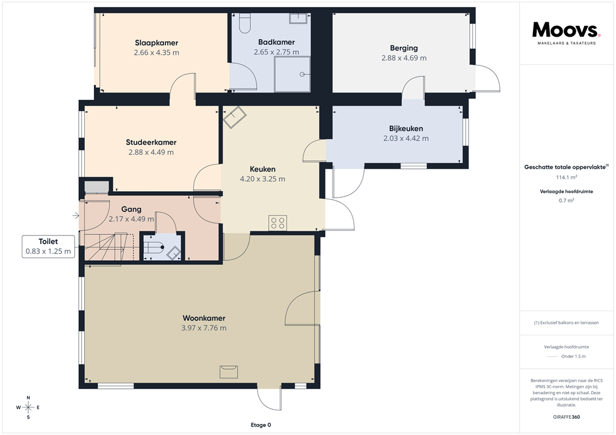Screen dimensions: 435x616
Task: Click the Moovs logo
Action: pos(566,31)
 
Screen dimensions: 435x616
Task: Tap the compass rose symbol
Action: pos(28,407)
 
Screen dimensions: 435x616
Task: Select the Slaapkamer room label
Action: pos(156,43)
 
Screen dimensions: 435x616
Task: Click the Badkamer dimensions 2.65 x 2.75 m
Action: pos(276,52)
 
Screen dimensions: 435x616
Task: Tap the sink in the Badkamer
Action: pos(299,17)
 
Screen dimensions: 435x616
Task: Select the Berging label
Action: pos(404,48)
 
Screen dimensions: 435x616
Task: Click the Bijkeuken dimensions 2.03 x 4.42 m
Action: pos(406,138)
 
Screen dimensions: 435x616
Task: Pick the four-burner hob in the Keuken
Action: pos(278,223)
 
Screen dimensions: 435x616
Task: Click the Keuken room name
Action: pos(262,169)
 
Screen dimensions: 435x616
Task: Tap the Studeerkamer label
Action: pos(151,142)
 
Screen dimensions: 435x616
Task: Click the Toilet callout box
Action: pos(48,247)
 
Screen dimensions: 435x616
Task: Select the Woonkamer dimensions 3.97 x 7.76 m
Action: pos(204,328)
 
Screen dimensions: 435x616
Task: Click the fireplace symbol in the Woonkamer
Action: pos(229,371)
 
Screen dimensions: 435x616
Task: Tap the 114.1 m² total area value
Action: pos(565,178)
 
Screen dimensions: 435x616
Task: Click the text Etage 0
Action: pos(260,425)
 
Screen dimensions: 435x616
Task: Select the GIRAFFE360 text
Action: pos(566,417)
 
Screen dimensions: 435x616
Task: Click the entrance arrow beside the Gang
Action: pos(75,215)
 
